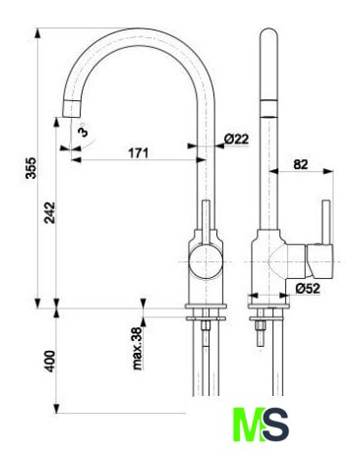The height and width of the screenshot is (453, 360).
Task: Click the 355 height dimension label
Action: tap(31, 168)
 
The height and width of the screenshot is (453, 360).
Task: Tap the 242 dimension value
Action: tap(50, 212)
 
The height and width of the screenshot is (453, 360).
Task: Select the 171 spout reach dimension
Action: tap(138, 153)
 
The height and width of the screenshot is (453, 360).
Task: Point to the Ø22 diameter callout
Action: tap(237, 139)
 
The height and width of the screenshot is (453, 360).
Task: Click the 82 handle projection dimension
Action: tap(301, 164)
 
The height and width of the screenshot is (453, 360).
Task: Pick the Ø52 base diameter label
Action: tap(308, 288)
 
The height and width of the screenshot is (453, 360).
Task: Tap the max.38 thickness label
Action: tap(138, 349)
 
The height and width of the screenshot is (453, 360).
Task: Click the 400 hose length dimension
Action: tap(50, 362)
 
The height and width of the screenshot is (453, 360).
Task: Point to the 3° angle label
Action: tap(84, 131)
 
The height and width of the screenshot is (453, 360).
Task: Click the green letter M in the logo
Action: tap(250, 425)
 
